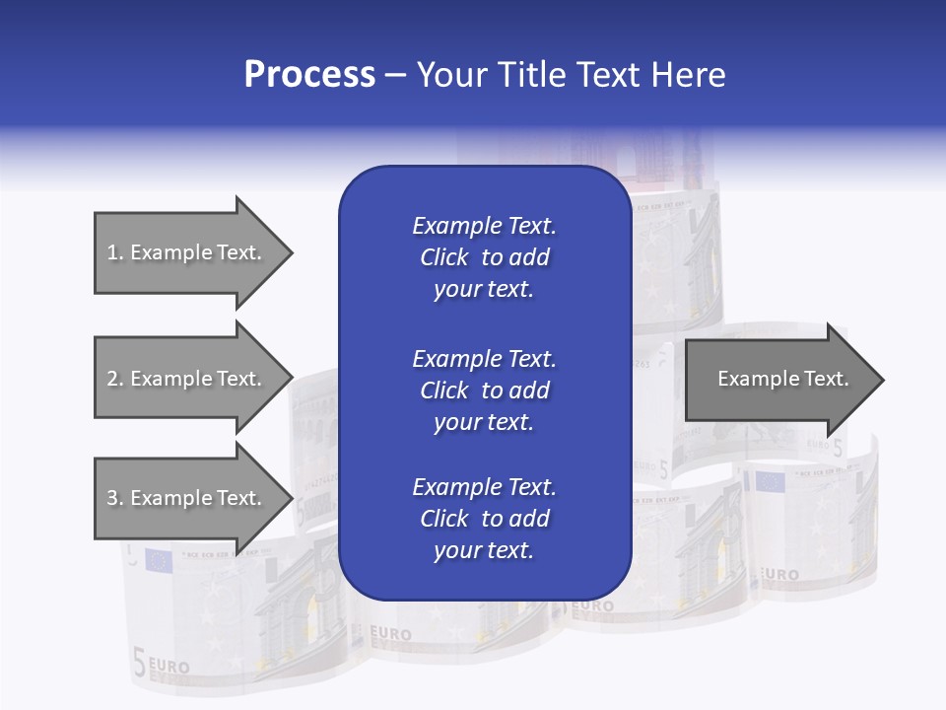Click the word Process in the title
(x=309, y=74)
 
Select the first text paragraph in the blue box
(x=484, y=257)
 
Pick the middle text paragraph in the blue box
(x=484, y=390)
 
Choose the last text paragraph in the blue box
(x=484, y=519)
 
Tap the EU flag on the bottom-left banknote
(x=158, y=560)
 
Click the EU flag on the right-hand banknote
(x=769, y=482)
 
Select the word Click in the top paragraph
(x=444, y=257)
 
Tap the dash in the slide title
(x=396, y=75)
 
